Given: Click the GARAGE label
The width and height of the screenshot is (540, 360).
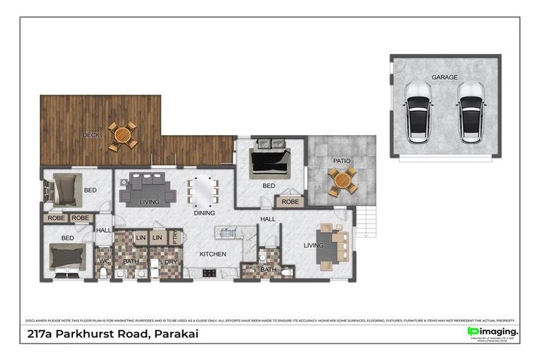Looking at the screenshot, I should coord(444,77).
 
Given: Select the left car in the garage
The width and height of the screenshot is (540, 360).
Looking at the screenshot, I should coord(419,112).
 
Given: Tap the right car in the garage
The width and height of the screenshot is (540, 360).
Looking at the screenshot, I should coord(470,112).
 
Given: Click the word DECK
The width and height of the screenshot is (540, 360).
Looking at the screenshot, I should coord(91,134).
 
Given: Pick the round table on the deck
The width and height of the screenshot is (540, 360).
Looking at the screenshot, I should coord(122,136).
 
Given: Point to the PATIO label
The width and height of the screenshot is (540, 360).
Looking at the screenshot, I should coord(342,161).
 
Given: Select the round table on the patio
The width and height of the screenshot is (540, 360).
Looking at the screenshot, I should coord(342,181).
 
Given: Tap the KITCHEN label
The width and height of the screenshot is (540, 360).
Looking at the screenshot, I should coord(212,253).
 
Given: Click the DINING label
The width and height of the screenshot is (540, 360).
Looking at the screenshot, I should coord(204,212).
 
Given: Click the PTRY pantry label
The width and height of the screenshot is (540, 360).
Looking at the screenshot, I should coord(174,238).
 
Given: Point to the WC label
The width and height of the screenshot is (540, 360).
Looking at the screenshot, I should coord(104,262).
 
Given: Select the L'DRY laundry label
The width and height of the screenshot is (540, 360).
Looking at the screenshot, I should coord(169,262).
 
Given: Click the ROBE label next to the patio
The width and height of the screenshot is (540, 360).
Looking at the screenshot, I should coord(290,202).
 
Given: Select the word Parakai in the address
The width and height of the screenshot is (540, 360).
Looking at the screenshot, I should coord(175,334).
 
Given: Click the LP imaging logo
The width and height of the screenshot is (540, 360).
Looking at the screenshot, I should coord(494,331).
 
